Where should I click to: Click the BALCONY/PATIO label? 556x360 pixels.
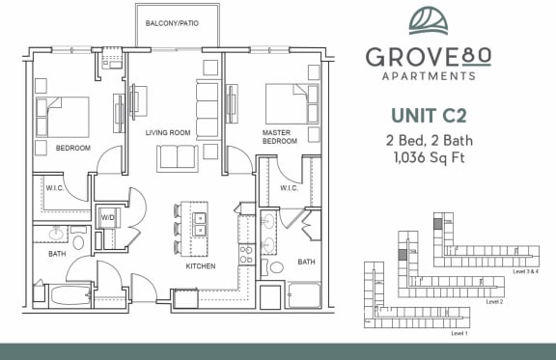click(172, 22)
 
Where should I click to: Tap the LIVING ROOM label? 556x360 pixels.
click(168, 132)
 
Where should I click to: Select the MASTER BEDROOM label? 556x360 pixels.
click(279, 137)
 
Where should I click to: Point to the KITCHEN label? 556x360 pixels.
click(201, 265)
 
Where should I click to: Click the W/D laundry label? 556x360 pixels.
click(108, 218)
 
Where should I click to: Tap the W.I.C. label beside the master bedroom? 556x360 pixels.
click(289, 188)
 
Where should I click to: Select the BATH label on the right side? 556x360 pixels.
click(307, 262)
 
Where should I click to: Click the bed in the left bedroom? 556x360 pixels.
click(64, 116)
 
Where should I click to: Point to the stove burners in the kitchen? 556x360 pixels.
click(245, 254)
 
